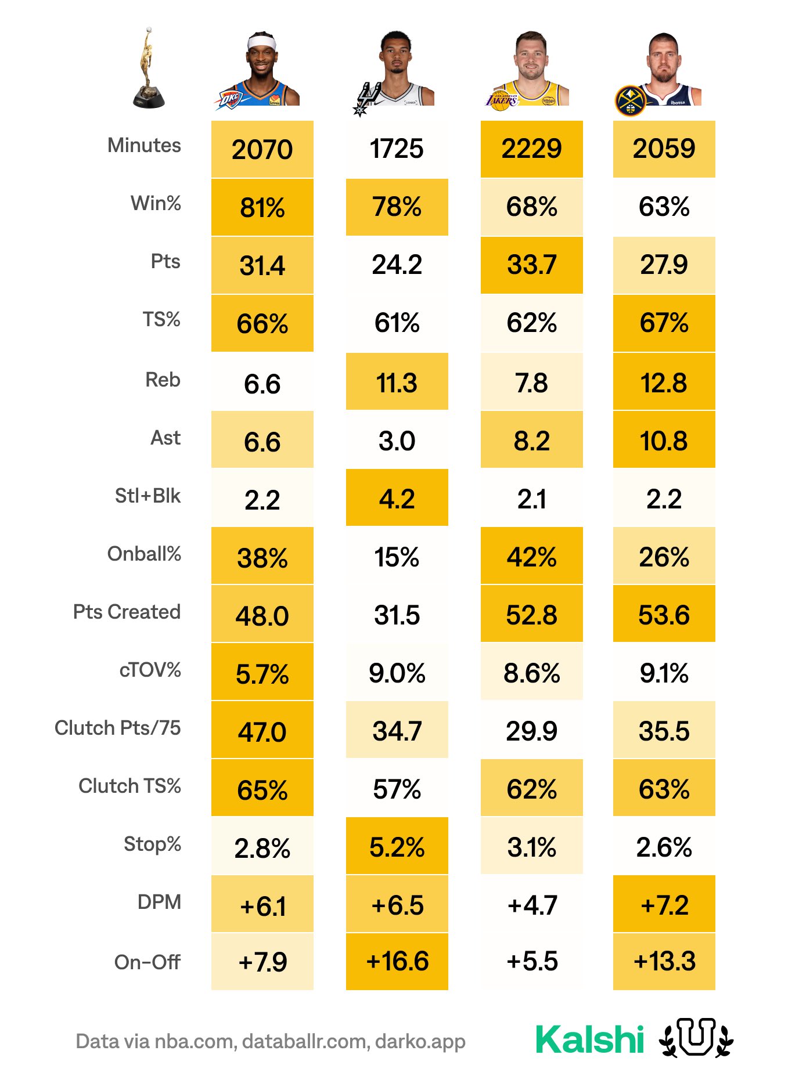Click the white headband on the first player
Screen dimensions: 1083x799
[261, 42]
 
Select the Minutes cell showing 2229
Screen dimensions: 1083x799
[531, 149]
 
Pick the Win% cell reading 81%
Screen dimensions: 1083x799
[262, 208]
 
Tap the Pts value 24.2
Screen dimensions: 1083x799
[397, 265]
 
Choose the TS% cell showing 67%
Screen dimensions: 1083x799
[664, 323]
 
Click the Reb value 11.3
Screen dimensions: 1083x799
[397, 383]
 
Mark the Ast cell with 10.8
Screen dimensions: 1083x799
[664, 441]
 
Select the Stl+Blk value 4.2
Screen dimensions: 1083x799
[397, 499]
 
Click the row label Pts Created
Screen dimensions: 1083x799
[127, 612]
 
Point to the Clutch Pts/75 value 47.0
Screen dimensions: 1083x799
[262, 732]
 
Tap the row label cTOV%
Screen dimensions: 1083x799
[150, 670]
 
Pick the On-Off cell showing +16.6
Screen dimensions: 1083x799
[397, 962]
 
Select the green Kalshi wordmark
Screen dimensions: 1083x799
[589, 1039]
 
